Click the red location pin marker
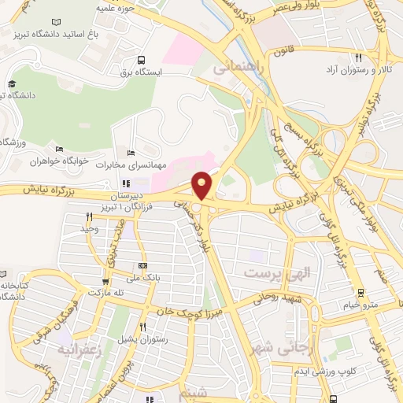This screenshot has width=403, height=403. point(202,185)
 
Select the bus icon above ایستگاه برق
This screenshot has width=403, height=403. point(140,59)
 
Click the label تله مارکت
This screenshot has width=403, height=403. point(106,292)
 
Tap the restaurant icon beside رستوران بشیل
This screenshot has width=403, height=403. point(142,327)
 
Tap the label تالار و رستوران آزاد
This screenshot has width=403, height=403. point(355,70)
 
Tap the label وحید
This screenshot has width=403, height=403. point(89,228)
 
